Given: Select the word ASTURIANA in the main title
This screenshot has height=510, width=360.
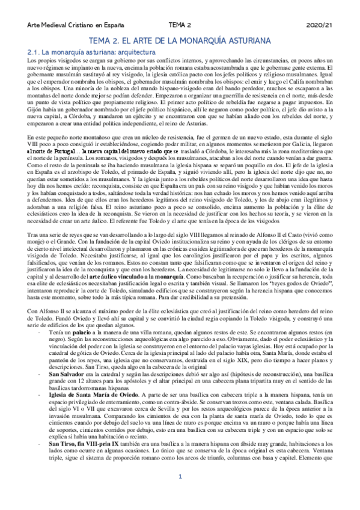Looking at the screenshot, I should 249,41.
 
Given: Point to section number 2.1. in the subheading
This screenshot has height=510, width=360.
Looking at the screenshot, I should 35,53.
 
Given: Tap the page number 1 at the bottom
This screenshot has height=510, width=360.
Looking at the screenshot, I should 180,494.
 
